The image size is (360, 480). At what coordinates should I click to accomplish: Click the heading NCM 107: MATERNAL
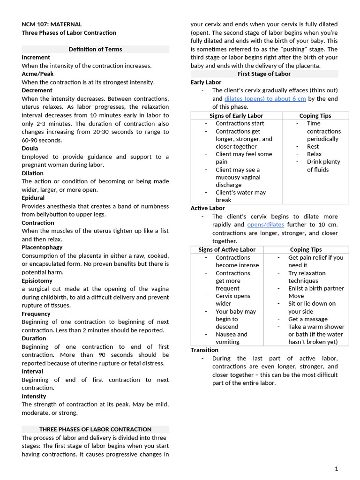52,24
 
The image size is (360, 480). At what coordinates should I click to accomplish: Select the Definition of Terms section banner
95,49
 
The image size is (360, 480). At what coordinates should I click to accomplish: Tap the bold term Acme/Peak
37,74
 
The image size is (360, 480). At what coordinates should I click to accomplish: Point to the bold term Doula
30,148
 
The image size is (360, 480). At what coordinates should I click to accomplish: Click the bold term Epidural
33,198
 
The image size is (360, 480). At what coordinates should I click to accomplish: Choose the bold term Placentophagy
42,247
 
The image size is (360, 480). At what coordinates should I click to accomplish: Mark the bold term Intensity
34,396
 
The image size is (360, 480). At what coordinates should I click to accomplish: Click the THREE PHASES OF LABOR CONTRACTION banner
95,429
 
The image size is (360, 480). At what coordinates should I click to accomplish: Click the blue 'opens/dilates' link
265,225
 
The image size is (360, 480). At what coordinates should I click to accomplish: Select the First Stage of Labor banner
264,74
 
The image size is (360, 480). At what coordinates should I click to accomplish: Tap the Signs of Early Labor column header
236,116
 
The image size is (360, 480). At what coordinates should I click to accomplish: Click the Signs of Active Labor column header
227,250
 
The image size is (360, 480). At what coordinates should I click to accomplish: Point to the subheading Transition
204,350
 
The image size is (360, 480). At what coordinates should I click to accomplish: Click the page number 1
336,469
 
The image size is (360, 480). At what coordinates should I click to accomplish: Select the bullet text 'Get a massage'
308,319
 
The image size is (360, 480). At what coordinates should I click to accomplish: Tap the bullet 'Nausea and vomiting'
231,338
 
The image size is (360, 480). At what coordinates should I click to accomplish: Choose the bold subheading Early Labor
206,82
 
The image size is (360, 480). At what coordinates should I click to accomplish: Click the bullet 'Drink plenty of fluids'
323,165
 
